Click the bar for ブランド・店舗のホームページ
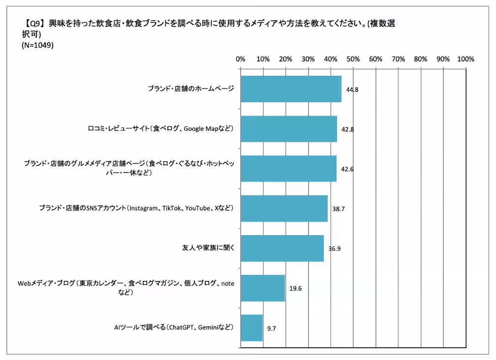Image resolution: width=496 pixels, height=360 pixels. (x=291, y=89)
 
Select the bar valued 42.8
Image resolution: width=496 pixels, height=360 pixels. (x=288, y=129)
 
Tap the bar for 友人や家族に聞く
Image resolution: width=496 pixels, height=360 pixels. (x=282, y=248)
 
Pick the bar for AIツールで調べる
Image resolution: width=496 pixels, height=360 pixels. (x=251, y=328)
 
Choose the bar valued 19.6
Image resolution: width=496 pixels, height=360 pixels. (x=263, y=288)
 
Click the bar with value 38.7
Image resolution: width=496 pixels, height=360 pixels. (x=284, y=209)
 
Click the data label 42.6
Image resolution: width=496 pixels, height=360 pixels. (x=347, y=169)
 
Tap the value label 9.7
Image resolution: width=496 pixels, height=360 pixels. (x=271, y=328)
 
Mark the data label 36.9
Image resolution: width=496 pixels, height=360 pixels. (x=334, y=248)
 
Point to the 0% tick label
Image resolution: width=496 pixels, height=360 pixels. (x=241, y=59)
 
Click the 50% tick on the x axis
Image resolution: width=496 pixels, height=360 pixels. (x=353, y=59)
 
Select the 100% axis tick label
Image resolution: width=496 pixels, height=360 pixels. (x=465, y=59)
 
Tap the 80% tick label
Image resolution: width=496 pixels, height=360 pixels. (x=420, y=59)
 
